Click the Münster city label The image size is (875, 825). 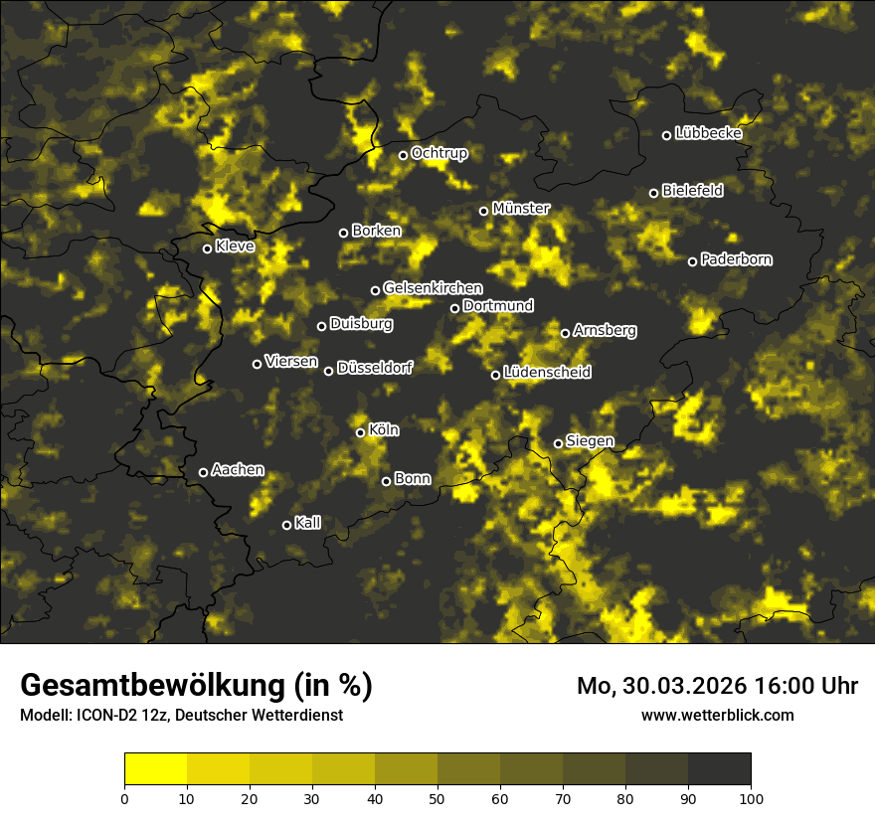(x=521, y=209)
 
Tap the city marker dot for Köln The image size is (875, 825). (x=361, y=432)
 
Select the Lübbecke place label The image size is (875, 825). (x=708, y=133)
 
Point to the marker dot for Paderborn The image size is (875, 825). (x=693, y=261)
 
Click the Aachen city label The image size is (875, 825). (x=238, y=470)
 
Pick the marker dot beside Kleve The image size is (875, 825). (x=208, y=248)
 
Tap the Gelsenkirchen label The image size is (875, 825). (x=433, y=288)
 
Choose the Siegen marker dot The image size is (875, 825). (x=558, y=443)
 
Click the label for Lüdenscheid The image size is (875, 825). (x=547, y=373)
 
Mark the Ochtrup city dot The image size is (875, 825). (x=404, y=155)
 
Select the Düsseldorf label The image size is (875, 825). (x=374, y=368)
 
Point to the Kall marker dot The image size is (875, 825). (x=287, y=525)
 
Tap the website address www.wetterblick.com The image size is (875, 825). (x=717, y=715)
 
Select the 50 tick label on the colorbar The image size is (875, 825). (x=437, y=797)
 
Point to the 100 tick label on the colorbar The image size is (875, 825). (x=751, y=797)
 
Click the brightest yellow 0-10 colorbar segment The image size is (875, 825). (x=156, y=769)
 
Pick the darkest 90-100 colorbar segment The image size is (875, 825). (x=719, y=769)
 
